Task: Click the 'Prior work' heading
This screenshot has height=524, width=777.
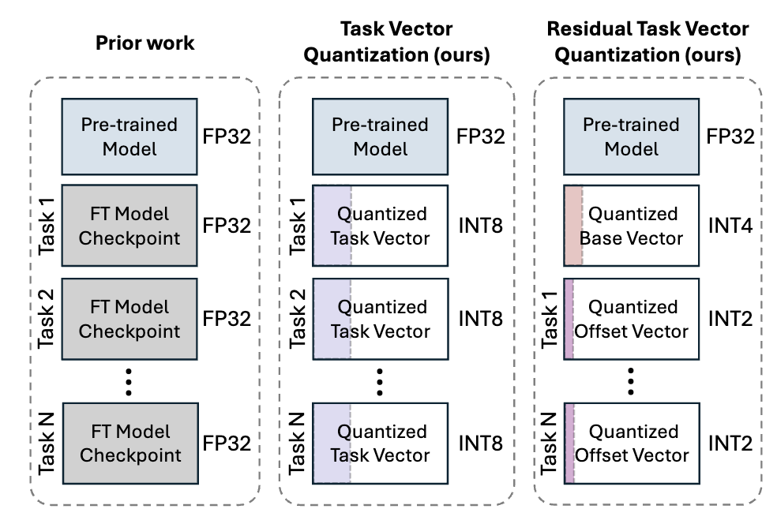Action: [x=145, y=43]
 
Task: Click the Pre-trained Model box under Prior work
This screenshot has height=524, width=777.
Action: [x=129, y=137]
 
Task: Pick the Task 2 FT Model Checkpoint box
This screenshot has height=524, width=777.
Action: [x=129, y=320]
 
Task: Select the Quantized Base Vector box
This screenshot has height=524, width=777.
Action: [x=632, y=226]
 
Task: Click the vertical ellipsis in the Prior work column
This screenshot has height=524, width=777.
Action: [x=129, y=381]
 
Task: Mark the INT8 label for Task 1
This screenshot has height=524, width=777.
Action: [x=480, y=226]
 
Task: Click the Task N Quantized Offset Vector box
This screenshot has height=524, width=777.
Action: [x=632, y=444]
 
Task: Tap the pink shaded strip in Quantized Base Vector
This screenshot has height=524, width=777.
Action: [x=572, y=226]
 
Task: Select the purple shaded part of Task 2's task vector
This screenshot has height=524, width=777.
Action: [x=332, y=320]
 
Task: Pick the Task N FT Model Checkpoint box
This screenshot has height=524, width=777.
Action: [x=129, y=444]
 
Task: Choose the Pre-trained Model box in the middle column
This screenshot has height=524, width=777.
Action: [x=381, y=137]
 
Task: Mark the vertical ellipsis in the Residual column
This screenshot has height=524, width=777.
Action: [x=632, y=381]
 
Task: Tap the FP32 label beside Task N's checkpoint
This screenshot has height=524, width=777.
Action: [x=227, y=444]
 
